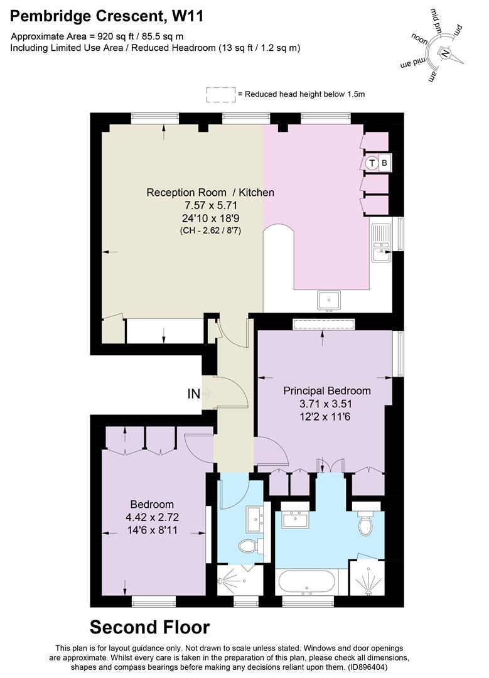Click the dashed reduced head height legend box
(220, 94)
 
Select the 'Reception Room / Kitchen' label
(210, 192)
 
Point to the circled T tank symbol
(372, 163)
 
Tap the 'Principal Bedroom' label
(326, 390)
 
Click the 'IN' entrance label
(194, 394)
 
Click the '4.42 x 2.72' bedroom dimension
(152, 519)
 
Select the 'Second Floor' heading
(149, 627)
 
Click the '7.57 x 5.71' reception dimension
(210, 205)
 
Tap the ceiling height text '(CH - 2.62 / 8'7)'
(210, 230)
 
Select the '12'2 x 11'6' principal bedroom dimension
(326, 416)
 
